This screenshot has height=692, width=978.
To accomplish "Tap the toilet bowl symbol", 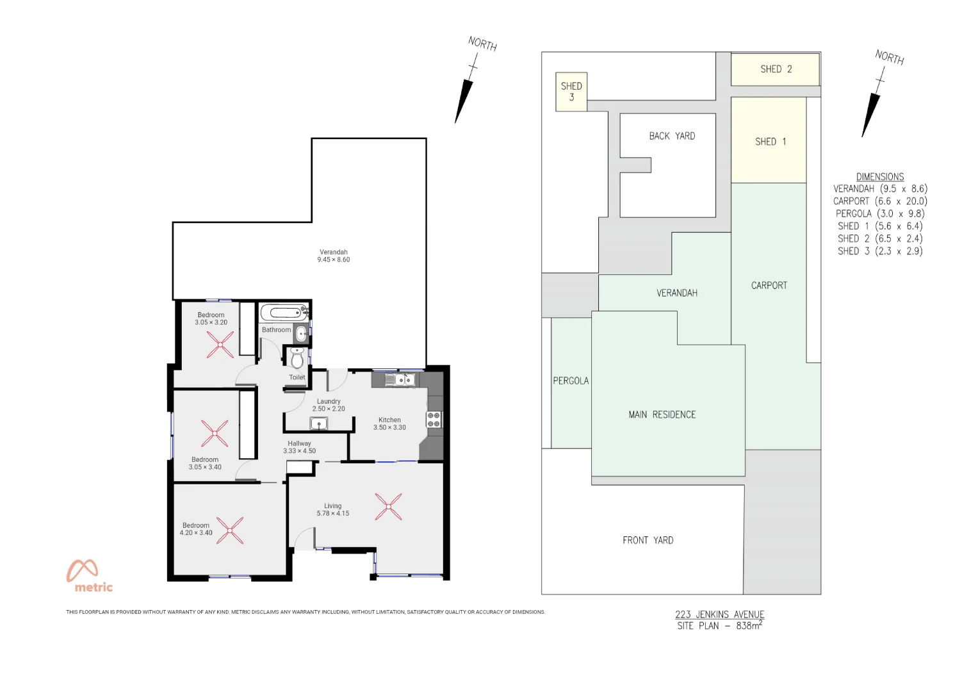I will [x=297, y=358].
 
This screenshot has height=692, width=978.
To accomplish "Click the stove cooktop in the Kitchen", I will [x=434, y=420].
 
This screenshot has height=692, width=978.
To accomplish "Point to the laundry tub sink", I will [x=319, y=423].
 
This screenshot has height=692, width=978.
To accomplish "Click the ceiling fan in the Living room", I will [x=388, y=506].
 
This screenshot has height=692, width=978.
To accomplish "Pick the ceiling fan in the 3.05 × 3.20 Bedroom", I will [x=220, y=345].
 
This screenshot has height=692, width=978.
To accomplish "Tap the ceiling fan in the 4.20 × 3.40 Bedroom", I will [x=230, y=531].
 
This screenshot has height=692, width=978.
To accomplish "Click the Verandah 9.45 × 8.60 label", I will [x=333, y=256].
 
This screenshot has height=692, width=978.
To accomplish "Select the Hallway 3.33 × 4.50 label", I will [x=299, y=447].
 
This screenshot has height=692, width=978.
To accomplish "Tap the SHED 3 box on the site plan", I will [x=571, y=92].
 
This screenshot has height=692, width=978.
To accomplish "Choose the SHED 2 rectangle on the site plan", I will [x=775, y=69].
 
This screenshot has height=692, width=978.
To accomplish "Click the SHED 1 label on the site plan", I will [x=770, y=142].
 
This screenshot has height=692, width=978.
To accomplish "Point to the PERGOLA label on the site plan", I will [x=570, y=381].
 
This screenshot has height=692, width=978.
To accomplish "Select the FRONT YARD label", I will [x=648, y=540].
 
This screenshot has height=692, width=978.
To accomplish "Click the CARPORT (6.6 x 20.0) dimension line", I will [x=879, y=201].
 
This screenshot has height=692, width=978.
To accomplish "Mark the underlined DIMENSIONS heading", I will [x=879, y=177].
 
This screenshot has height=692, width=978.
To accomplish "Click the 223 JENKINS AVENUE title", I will [x=719, y=614].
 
